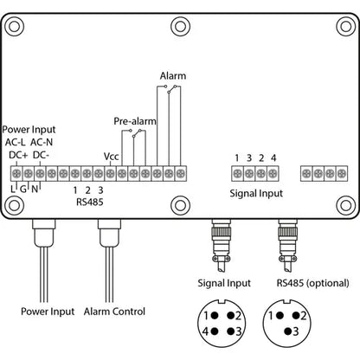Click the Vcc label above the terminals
[x=111, y=156]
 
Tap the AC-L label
[x=16, y=142]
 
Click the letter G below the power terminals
[x=25, y=189]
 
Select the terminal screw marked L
[x=14, y=174]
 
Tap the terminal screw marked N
[x=37, y=174]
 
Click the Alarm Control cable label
[x=115, y=312]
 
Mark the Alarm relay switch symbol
[x=175, y=88]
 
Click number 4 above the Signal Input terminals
[x=273, y=157]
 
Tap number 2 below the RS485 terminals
[x=88, y=190]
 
